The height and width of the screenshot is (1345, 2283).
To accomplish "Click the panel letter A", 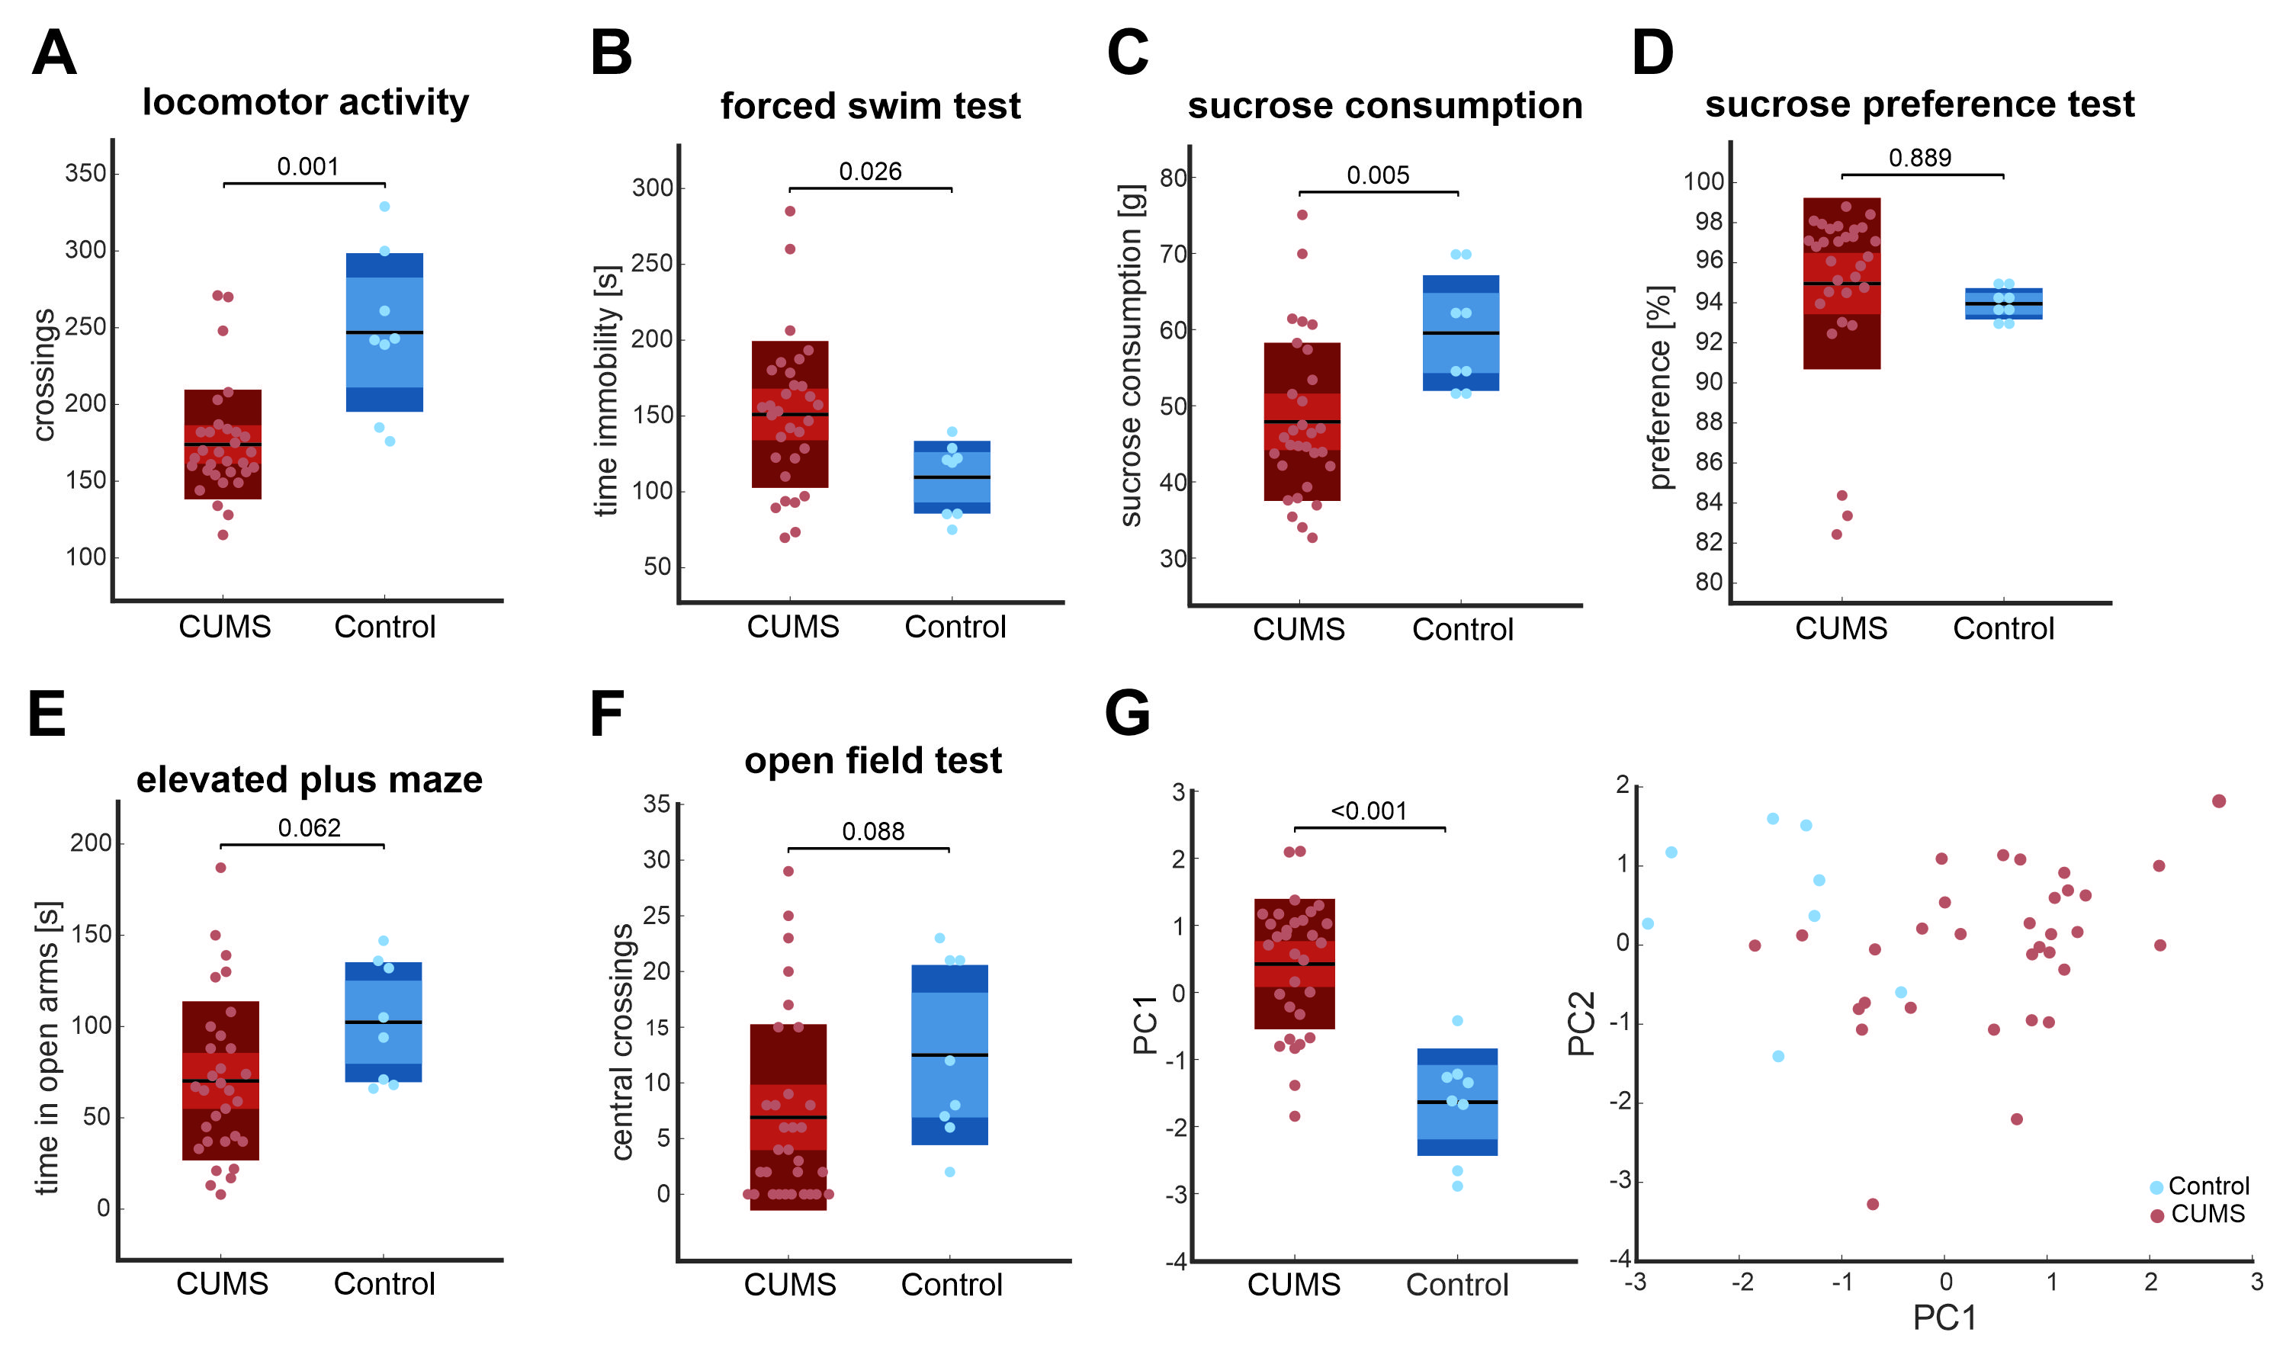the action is (53, 53).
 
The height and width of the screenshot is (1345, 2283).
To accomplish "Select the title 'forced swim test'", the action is (870, 106).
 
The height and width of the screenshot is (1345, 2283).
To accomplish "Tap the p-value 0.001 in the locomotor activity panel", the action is (307, 167).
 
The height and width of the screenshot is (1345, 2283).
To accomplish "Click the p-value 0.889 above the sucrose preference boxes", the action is (1919, 158).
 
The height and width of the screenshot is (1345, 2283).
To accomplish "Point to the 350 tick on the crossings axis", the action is (85, 173).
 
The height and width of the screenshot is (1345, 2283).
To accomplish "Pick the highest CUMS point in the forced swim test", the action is (789, 211).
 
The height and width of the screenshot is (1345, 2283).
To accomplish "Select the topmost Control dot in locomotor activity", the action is (384, 207).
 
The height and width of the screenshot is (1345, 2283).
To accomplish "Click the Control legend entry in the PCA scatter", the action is (2200, 1186).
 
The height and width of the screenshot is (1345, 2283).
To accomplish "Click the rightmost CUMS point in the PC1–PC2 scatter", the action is (2219, 801).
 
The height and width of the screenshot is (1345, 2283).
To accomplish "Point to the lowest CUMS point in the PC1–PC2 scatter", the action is (1873, 1205).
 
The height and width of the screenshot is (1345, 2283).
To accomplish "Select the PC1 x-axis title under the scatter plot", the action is (1945, 1318).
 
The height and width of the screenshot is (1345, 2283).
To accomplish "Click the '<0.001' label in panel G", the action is (1369, 811).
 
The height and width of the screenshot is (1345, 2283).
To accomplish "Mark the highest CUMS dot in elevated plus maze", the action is (220, 868).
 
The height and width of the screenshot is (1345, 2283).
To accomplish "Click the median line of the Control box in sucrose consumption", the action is (1461, 333).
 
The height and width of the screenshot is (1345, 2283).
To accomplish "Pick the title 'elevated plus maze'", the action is (309, 780).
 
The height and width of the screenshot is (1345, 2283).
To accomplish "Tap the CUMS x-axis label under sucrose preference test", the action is (1841, 628).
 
